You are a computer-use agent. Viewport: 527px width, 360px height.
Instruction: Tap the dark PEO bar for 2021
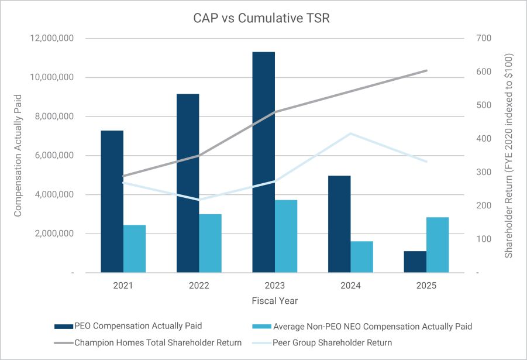112,201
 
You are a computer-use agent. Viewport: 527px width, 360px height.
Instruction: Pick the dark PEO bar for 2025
415,262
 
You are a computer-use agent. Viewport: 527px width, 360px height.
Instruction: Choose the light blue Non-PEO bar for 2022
210,243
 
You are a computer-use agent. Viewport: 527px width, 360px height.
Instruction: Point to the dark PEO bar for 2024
339,224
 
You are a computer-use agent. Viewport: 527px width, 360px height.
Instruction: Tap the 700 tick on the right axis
485,39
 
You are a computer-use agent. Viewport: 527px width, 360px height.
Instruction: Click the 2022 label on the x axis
199,286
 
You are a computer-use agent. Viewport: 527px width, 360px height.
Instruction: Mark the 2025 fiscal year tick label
426,286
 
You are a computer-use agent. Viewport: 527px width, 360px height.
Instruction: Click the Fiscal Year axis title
275,301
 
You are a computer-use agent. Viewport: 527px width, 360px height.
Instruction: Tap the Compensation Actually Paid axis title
18,155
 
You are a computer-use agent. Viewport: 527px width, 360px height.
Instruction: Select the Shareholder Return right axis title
509,156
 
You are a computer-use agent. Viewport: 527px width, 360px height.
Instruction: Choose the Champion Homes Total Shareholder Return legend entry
158,342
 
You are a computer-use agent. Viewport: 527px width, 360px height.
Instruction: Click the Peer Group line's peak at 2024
350,133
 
